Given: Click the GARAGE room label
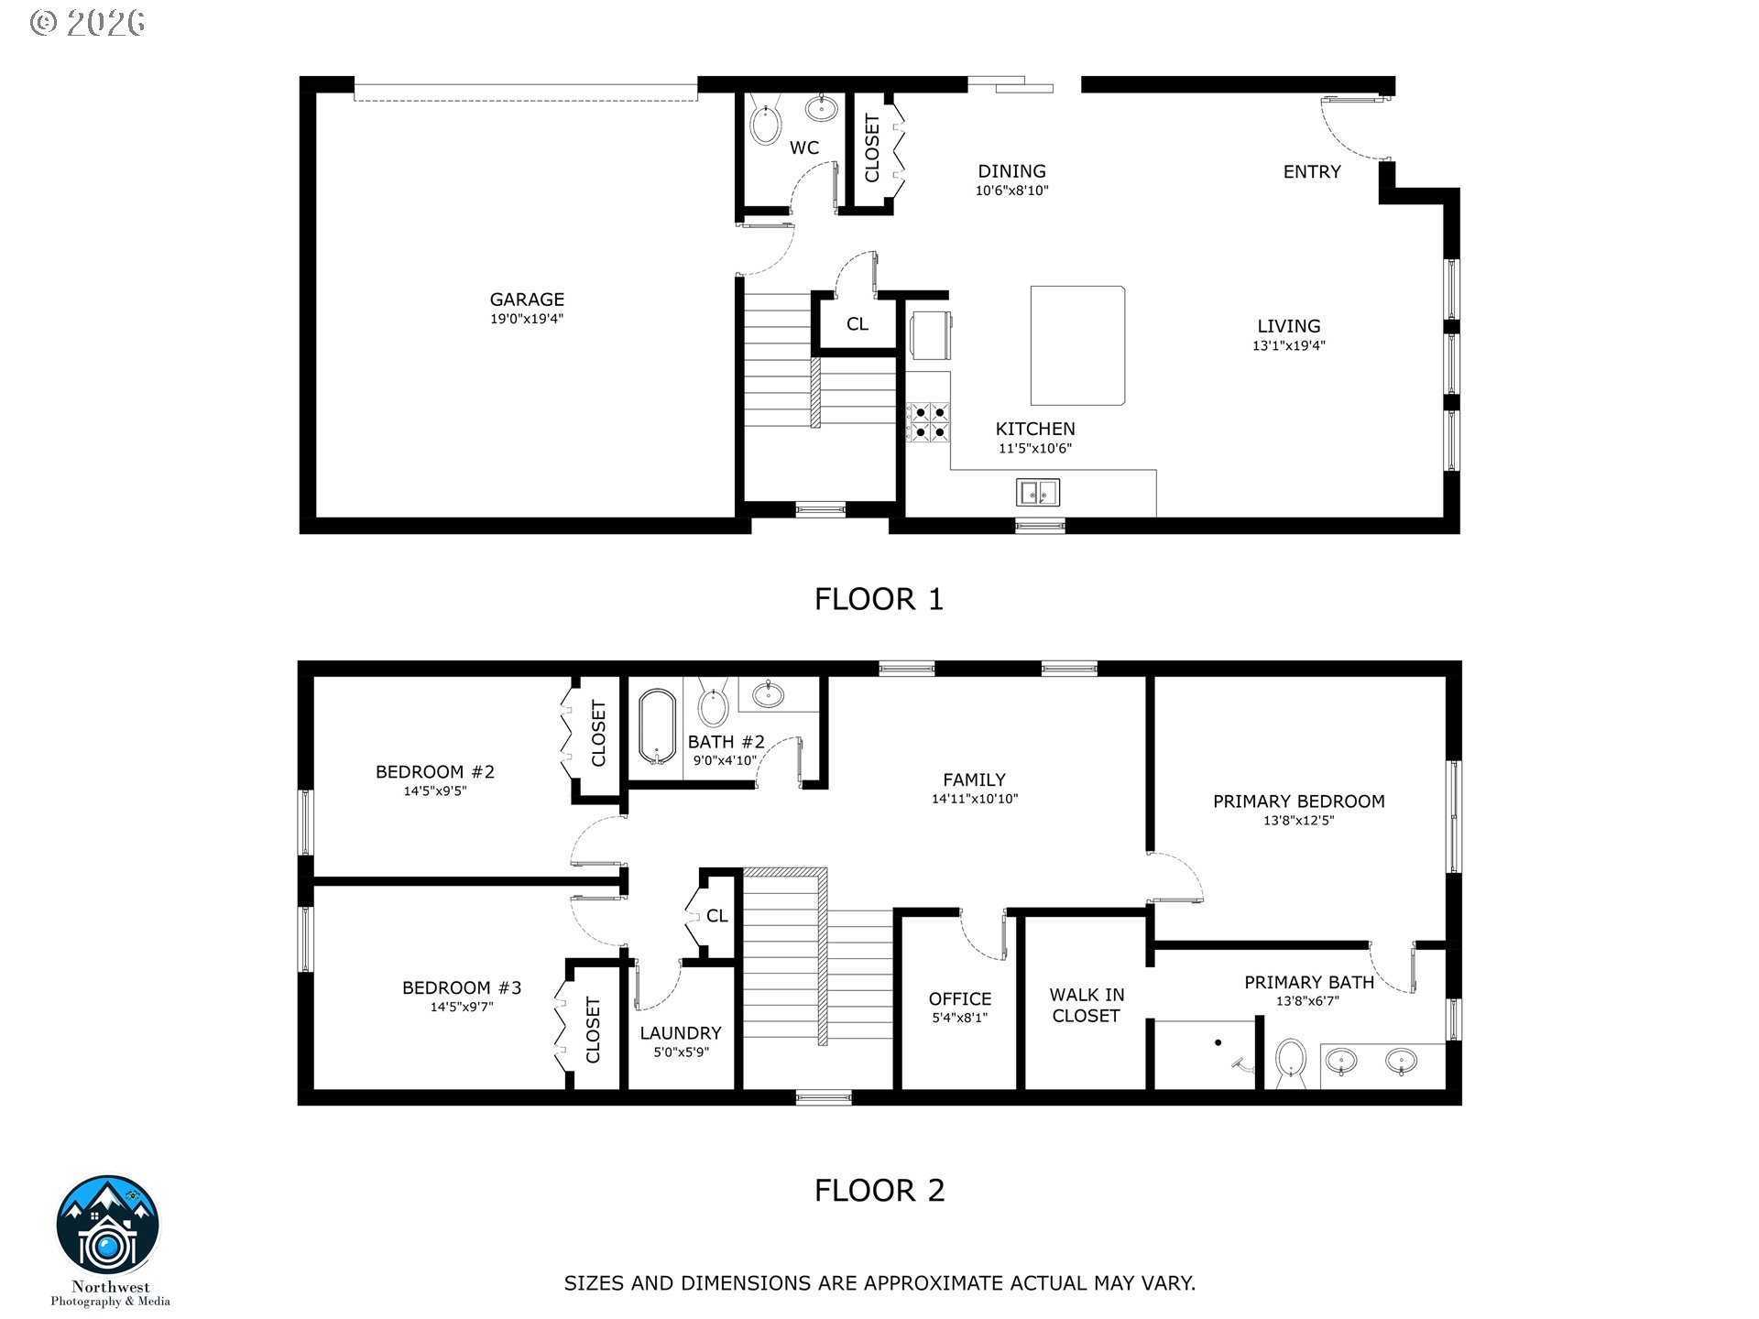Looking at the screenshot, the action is tap(527, 300).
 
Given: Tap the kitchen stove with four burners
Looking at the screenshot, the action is tap(929, 423).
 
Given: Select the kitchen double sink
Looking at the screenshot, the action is tap(1038, 493).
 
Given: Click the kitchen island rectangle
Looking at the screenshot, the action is tap(1078, 345).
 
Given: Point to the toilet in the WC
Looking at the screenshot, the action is tap(763, 121).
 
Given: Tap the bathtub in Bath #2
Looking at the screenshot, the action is tap(657, 727).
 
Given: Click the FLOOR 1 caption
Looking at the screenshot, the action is tap(879, 599).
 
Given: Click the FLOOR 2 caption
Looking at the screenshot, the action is tap(879, 1190).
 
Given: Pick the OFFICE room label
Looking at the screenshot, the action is tap(960, 999).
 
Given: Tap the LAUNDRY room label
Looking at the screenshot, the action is tap(681, 1033).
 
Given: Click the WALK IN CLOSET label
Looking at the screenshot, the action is tap(1087, 1005).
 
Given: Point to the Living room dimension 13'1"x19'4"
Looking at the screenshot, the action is tap(1289, 346).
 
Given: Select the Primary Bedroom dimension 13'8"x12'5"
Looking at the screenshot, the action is tap(1299, 821).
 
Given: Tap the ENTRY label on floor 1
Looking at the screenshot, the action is tap(1312, 172).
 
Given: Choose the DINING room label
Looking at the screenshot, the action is tap(1011, 171).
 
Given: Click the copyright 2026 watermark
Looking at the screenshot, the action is tap(88, 23).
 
